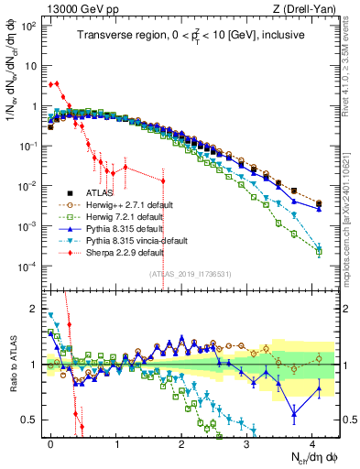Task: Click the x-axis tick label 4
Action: tap(312, 442)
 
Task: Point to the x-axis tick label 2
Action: tap(181, 442)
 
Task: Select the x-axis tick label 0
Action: tap(51, 442)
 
